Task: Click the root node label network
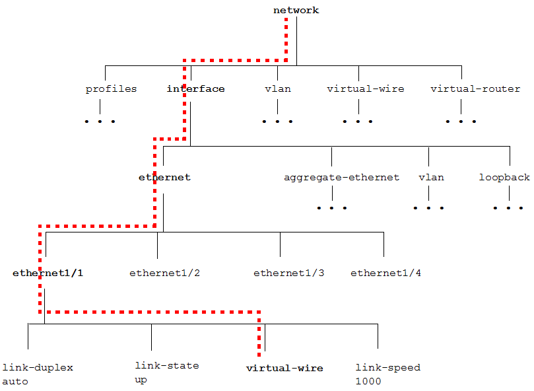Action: click(x=296, y=10)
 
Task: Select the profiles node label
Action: click(x=111, y=89)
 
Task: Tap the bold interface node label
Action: click(x=195, y=89)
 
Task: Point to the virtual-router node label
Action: click(x=475, y=89)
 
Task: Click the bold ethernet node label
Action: click(x=164, y=177)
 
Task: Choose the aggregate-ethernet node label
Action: click(x=341, y=177)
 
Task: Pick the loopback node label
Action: click(x=504, y=177)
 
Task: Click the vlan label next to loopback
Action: click(x=431, y=177)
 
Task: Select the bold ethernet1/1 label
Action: click(x=48, y=273)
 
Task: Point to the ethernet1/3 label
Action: click(x=288, y=273)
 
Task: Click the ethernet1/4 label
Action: click(x=385, y=273)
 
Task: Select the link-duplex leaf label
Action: click(x=38, y=367)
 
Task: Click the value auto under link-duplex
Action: click(x=15, y=381)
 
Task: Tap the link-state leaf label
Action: click(x=166, y=365)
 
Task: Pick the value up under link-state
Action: click(x=141, y=380)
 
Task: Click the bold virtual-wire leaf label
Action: click(x=284, y=368)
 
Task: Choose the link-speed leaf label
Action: click(x=387, y=367)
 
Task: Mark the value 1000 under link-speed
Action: click(x=368, y=381)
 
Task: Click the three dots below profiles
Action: click(x=100, y=122)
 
